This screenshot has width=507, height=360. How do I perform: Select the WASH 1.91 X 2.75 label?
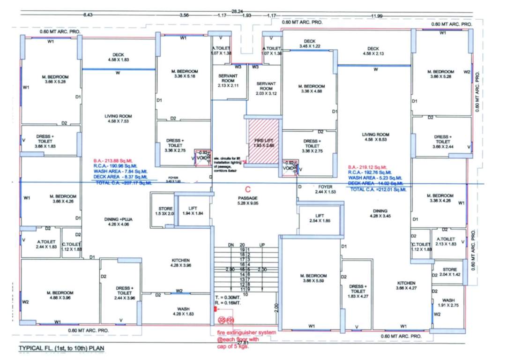448,302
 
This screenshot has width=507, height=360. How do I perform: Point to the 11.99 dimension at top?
376,16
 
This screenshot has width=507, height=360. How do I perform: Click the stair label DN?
230,245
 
